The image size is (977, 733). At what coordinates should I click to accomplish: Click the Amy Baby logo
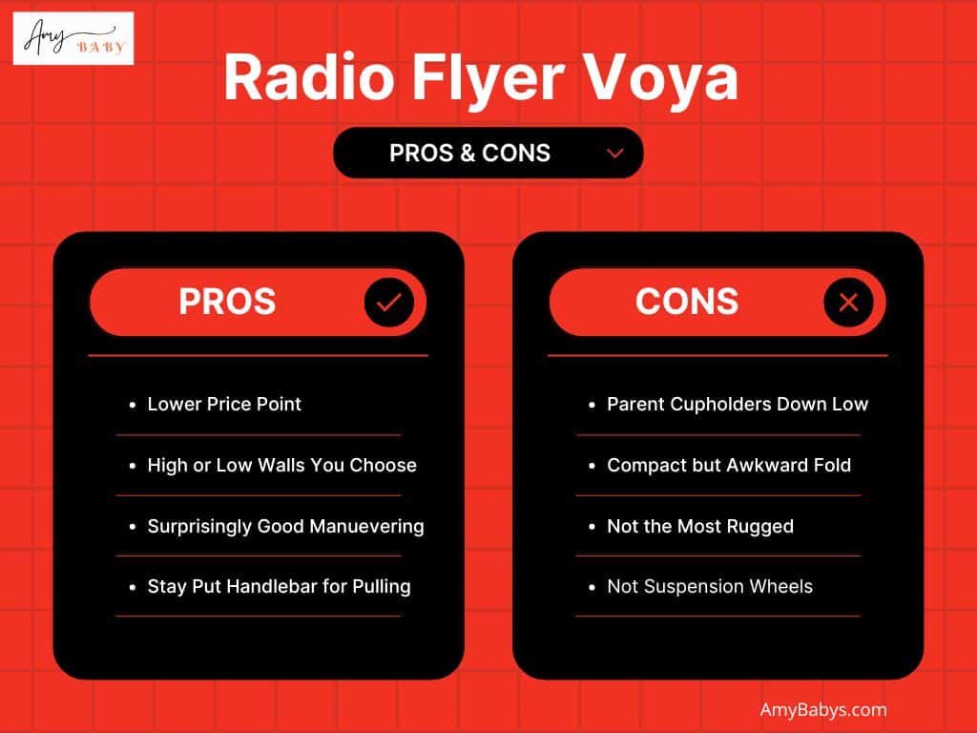pos(73,39)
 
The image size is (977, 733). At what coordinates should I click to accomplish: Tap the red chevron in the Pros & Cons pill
pos(615,153)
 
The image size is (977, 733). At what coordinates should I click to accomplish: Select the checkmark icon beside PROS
pos(388,303)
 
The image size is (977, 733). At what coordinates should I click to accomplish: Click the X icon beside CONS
pos(847,303)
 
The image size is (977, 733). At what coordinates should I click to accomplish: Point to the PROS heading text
pos(227,303)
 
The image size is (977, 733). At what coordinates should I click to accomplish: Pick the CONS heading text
pos(687,303)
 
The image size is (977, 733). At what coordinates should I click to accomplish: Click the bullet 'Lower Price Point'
pos(224,404)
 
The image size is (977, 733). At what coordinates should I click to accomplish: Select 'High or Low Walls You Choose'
pos(281,465)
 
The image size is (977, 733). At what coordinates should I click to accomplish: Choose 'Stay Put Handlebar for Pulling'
pos(279,586)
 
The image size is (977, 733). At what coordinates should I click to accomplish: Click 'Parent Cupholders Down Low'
pos(738,404)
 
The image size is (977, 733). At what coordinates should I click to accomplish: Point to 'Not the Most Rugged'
pos(700,526)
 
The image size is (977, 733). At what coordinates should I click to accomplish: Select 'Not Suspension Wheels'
pos(710,586)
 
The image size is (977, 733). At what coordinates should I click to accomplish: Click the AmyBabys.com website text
pos(823,709)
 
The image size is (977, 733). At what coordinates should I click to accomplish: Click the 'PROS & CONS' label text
pos(469,153)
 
